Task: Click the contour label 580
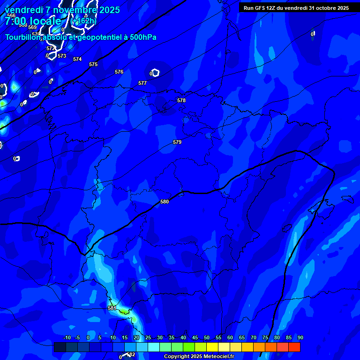(x=165, y=202)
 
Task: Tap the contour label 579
(x=177, y=142)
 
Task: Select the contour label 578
(x=181, y=100)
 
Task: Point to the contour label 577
(x=142, y=83)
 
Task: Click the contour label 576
(x=119, y=72)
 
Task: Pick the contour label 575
(x=93, y=64)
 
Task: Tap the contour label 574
(x=77, y=59)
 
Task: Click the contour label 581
(x=112, y=308)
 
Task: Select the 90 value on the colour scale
(x=300, y=337)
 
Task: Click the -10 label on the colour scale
(x=67, y=337)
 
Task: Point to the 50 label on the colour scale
(x=206, y=337)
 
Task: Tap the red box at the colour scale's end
(x=294, y=347)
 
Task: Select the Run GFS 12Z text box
(x=296, y=8)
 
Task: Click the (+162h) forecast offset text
(x=84, y=21)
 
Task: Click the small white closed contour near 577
(x=155, y=73)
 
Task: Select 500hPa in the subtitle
(x=141, y=37)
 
